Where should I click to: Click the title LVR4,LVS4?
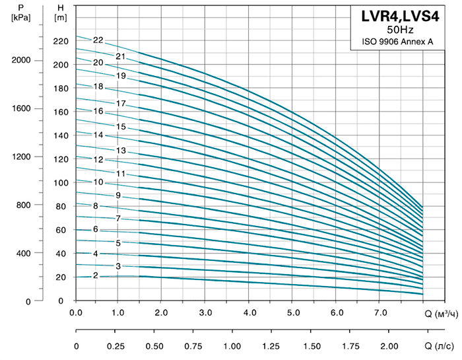click(x=398, y=16)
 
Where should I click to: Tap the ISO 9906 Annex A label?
click(x=397, y=42)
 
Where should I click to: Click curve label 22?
click(x=98, y=40)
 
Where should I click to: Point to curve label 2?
click(x=96, y=275)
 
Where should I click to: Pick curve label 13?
click(x=121, y=151)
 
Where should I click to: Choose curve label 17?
click(x=121, y=104)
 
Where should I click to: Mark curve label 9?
click(x=117, y=196)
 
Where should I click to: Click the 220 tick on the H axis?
click(x=60, y=42)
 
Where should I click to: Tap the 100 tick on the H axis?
click(x=60, y=183)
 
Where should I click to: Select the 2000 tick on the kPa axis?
click(x=22, y=60)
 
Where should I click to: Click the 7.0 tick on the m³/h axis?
click(x=379, y=312)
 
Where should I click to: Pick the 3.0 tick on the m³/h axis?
click(x=206, y=312)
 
